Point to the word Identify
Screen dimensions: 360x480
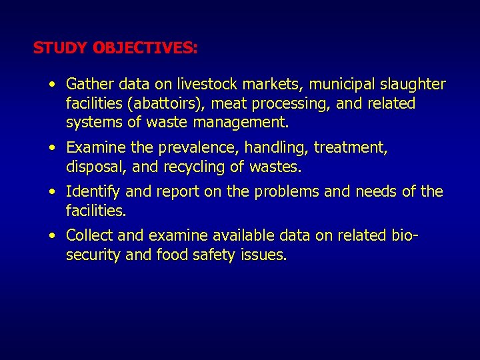(93, 192)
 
